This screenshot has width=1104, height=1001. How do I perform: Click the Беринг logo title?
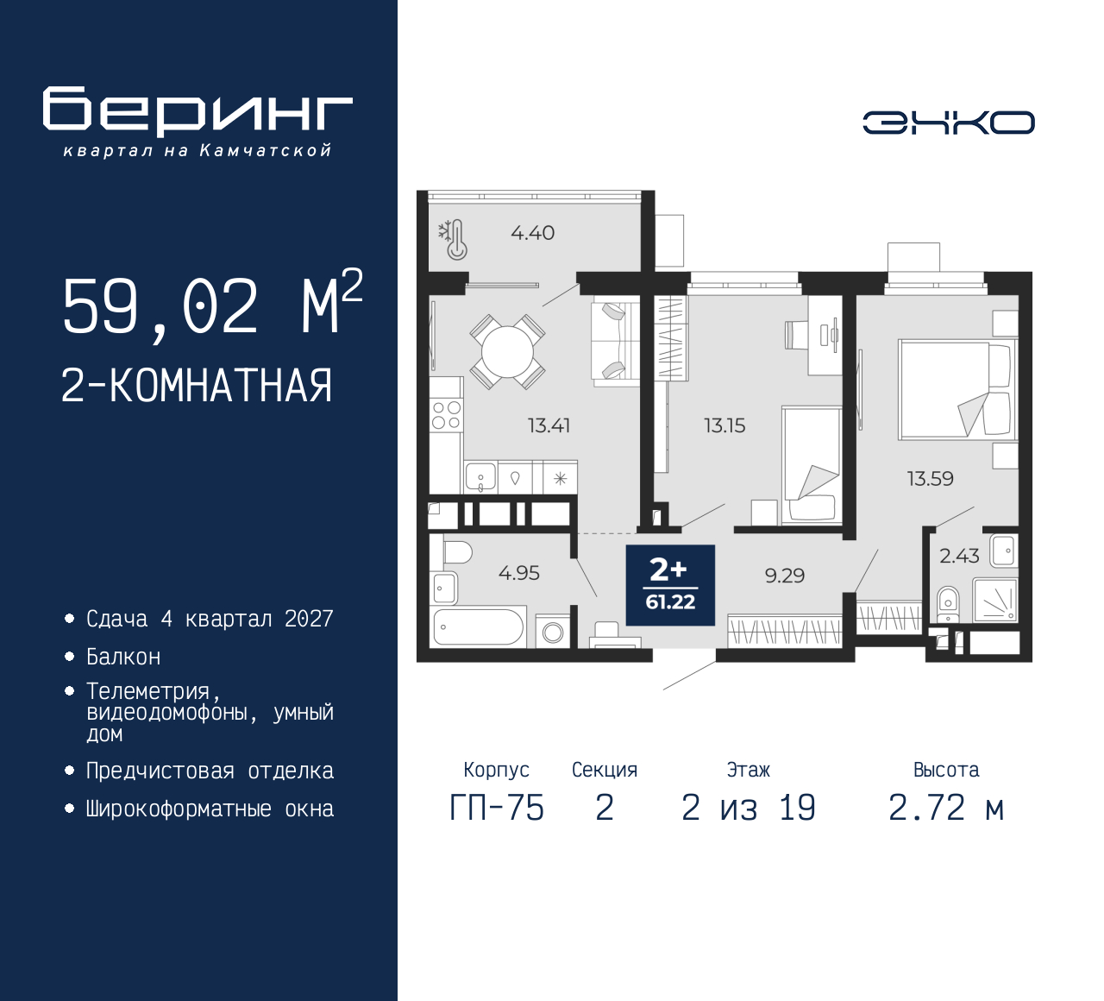[x=198, y=111]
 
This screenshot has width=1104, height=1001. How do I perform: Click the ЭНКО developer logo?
[x=948, y=123]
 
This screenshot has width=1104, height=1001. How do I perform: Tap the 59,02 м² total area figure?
[x=211, y=305]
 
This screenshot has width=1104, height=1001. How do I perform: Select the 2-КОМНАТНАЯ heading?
[x=197, y=386]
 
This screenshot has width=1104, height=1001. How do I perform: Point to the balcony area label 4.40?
[x=532, y=233]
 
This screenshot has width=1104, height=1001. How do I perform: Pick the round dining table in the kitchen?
[x=507, y=351]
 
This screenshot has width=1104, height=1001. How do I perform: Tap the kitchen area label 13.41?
[x=549, y=425]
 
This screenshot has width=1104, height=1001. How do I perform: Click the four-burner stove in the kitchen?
[x=446, y=415]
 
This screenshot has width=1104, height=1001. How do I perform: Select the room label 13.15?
[x=724, y=425]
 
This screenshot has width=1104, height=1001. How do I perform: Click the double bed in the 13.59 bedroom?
[x=954, y=389]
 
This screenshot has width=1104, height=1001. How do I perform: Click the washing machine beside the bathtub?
[x=553, y=632]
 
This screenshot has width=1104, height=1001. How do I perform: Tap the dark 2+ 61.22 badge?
[x=670, y=584]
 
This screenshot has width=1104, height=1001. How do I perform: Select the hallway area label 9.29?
[x=784, y=576]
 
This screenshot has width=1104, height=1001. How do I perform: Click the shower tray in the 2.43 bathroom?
[x=995, y=600]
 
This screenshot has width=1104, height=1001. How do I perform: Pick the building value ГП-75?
[x=497, y=808]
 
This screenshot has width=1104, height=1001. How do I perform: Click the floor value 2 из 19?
[x=748, y=808]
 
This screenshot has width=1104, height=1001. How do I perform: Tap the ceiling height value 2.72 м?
[x=946, y=808]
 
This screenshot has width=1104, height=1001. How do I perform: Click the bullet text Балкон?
[x=123, y=657]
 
